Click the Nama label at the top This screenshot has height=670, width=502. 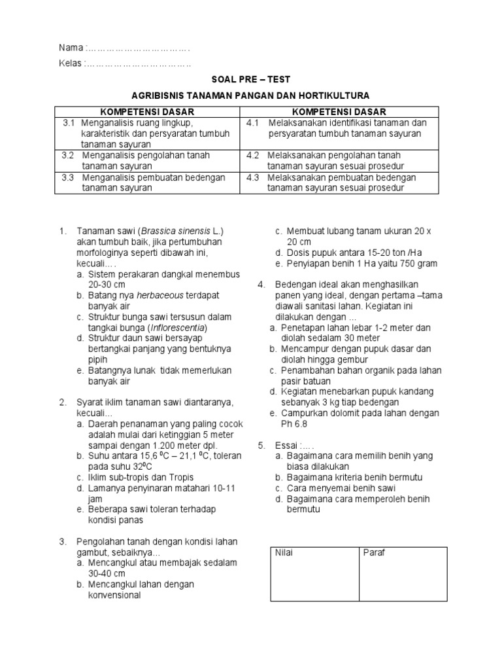(71, 48)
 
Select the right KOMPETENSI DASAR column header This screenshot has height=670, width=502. (339, 112)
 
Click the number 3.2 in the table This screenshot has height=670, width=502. (68, 156)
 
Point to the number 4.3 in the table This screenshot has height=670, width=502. (254, 177)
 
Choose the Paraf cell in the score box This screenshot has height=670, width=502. (375, 553)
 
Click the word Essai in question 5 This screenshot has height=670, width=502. (286, 445)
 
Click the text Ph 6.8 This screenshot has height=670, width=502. (295, 423)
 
